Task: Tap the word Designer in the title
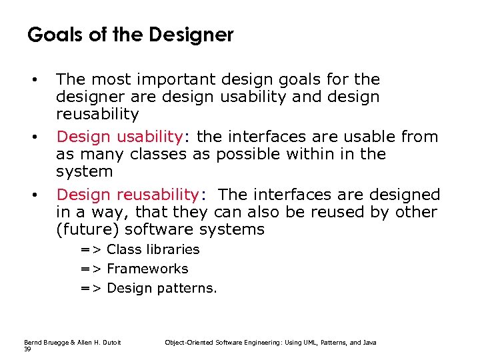click(195, 35)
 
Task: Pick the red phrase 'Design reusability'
click(127, 195)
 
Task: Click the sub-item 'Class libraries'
click(153, 249)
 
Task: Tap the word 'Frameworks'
click(147, 269)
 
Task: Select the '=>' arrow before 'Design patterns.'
click(91, 288)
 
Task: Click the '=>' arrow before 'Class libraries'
click(91, 249)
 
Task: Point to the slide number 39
click(28, 349)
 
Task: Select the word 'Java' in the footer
click(369, 342)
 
